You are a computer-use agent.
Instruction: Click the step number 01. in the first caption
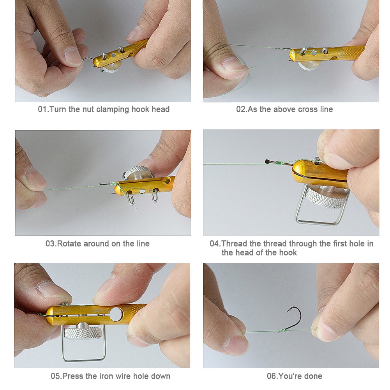tap(43, 109)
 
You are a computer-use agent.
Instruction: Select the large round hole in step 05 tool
tap(116, 314)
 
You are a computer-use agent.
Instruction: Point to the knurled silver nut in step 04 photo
tap(326, 197)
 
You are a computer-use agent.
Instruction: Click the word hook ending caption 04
tap(288, 253)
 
